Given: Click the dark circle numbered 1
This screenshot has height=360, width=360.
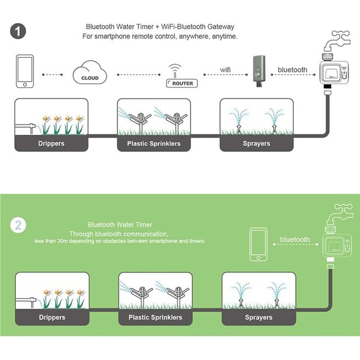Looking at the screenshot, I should click(19, 31).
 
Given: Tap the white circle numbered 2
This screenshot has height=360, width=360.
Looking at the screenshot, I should click(19, 225).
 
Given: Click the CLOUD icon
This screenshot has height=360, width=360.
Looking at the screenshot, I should click(90, 75).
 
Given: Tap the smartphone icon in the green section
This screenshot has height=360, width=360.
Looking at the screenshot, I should click(258, 245).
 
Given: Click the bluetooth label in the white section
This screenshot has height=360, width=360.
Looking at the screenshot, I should click(293, 70).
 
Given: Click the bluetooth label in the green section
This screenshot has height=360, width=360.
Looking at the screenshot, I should click(295, 239).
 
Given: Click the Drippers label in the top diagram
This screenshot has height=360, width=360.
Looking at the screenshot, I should click(52, 144).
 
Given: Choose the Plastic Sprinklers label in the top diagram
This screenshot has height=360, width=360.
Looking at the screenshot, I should click(155, 144).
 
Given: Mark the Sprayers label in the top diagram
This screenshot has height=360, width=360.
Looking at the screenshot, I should click(256, 144).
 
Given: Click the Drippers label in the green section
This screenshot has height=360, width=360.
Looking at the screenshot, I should click(52, 317).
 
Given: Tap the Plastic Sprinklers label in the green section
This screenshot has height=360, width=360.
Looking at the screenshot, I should click(155, 317).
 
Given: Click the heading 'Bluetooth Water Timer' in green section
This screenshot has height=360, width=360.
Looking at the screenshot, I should click(120, 225).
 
